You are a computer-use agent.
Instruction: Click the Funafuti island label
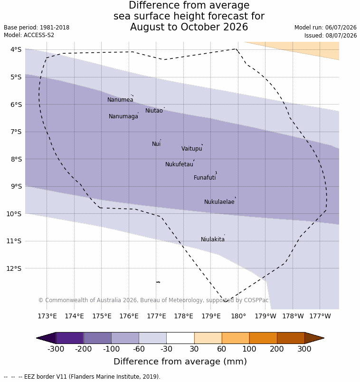pyautogui.click(x=205, y=178)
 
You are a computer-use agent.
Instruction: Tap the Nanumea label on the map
pyautogui.click(x=120, y=100)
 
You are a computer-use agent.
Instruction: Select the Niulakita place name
pyautogui.click(x=213, y=239)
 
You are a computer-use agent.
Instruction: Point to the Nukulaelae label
pyautogui.click(x=219, y=202)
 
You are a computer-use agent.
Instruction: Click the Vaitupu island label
pyautogui.click(x=192, y=149)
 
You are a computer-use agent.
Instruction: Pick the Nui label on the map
pyautogui.click(x=156, y=144)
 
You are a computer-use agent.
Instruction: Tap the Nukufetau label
pyautogui.click(x=179, y=164)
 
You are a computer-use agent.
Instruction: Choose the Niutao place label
pyautogui.click(x=154, y=111)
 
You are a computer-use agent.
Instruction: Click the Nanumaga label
pyautogui.click(x=123, y=116)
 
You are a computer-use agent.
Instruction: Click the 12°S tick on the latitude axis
pyautogui.click(x=14, y=268)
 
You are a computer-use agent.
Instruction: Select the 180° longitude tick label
pyautogui.click(x=238, y=316)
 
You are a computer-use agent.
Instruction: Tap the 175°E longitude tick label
pyautogui.click(x=102, y=316)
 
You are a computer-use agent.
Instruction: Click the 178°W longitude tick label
pyautogui.click(x=293, y=316)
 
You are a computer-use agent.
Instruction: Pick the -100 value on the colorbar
pyautogui.click(x=111, y=349)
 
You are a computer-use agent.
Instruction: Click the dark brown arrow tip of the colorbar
pyautogui.click(x=324, y=338)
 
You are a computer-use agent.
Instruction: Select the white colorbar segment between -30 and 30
pyautogui.click(x=180, y=338)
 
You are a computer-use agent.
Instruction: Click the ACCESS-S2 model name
pyautogui.click(x=39, y=35)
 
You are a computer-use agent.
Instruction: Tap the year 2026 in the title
pyautogui.click(x=236, y=27)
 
